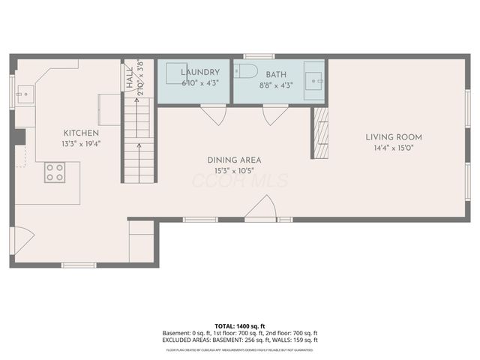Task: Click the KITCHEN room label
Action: pos(80,133)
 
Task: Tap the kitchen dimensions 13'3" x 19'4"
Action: pos(80,143)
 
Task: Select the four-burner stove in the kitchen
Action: pos(54,172)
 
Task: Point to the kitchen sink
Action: pos(24,95)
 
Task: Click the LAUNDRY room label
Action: pos(199,73)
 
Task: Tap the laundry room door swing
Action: pos(214,116)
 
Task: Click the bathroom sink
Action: pos(313,79)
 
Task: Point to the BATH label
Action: pos(276,75)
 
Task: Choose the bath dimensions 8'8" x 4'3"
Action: pos(276,85)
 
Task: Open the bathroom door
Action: pos(274,116)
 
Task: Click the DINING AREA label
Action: pos(234,160)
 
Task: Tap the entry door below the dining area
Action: pos(260,208)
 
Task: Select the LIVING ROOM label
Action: pos(394,137)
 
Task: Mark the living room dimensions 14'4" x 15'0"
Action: pos(394,148)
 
